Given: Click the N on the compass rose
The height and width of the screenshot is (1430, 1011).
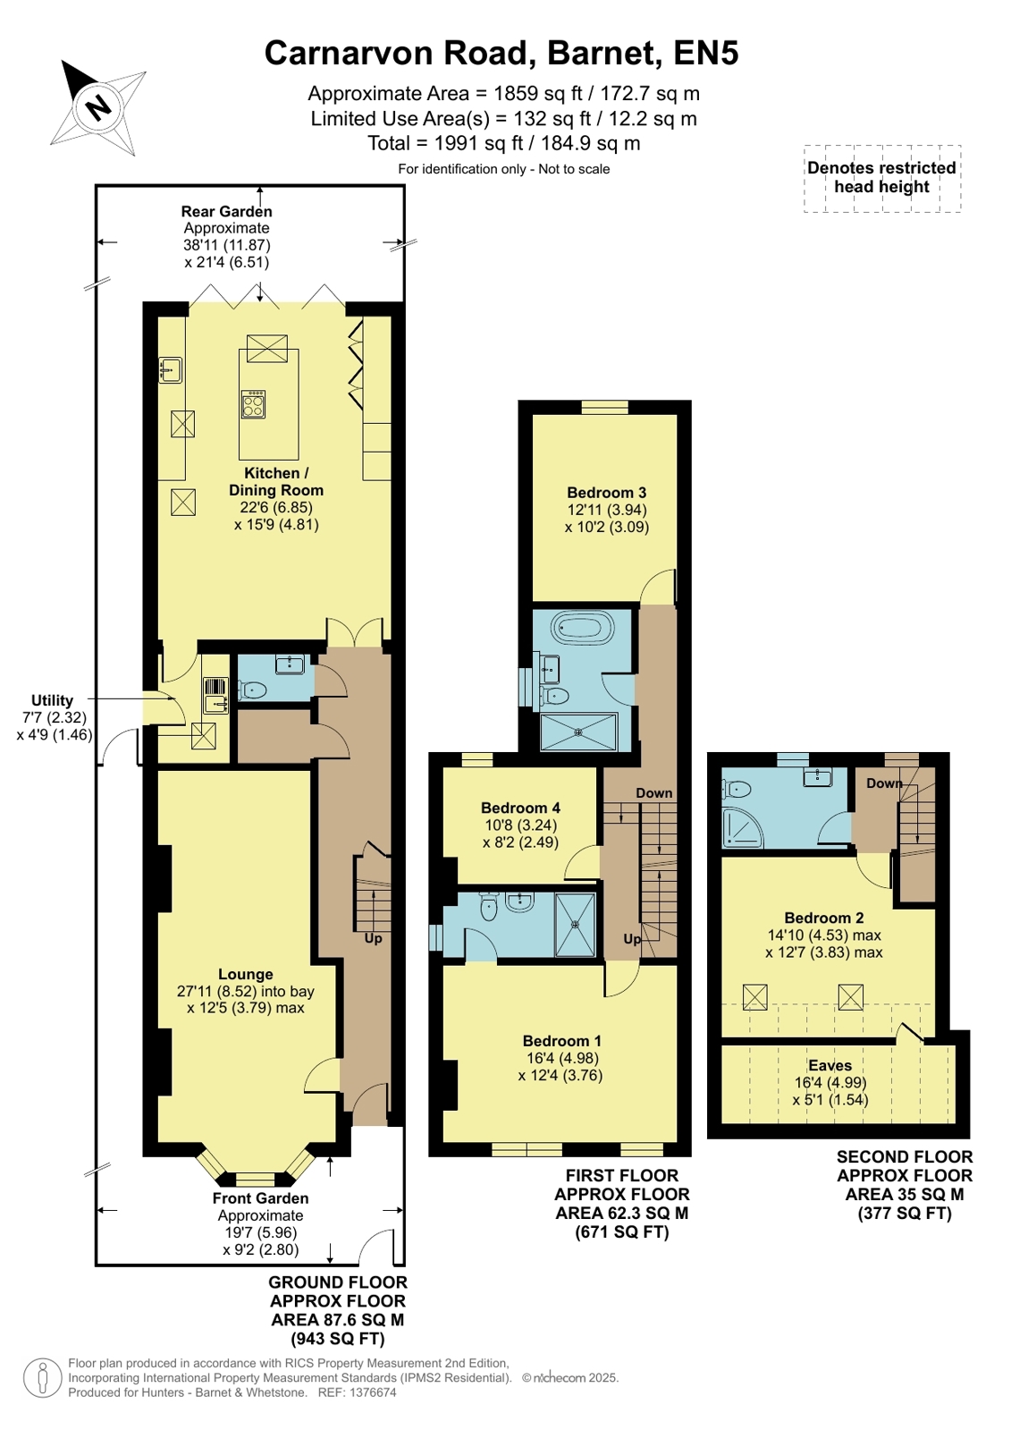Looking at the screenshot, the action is coord(97,106).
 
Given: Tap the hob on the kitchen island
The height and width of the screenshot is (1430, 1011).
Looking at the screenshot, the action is coord(253,404).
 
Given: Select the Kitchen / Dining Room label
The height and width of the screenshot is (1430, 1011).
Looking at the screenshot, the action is coord(275,481).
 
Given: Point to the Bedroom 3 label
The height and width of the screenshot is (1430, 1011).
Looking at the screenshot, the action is coord(606,492).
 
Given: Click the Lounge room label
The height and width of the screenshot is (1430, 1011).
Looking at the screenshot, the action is coord(246,974).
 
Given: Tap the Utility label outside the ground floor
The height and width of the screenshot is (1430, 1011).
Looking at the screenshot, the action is coord(53,700).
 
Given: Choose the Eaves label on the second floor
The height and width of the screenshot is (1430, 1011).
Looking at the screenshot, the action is coord(830,1065).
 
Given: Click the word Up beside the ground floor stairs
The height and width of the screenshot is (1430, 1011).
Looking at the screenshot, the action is coord(374,938).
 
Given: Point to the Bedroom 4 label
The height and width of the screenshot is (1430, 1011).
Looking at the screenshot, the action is coord(520,808).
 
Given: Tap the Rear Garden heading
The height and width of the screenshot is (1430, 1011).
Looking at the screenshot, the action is coord(226,211).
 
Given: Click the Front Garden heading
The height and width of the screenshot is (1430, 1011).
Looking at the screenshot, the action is coord(260,1198).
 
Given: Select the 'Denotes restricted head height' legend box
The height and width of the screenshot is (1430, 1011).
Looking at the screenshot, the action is coord(882,178).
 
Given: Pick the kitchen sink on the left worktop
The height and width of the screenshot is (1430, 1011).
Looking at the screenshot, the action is coord(171,369).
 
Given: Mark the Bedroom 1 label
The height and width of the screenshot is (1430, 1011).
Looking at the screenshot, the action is coord(561,1041).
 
